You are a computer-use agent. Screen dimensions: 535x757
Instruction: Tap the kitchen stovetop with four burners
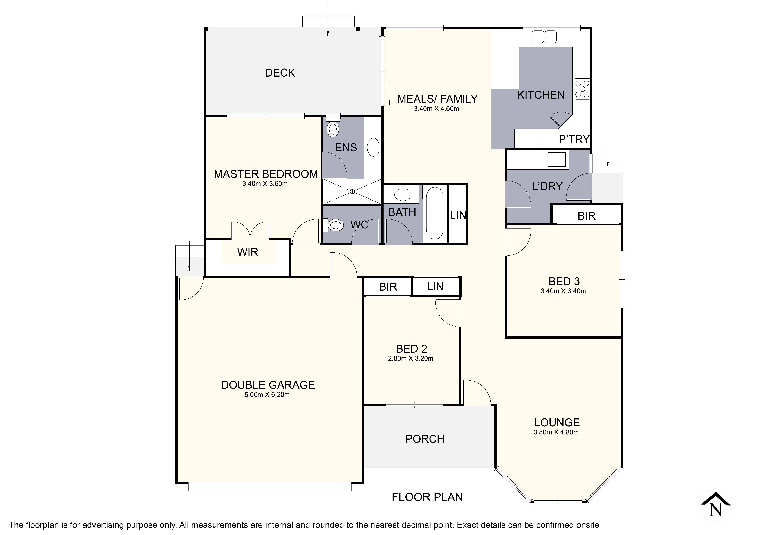(582, 89)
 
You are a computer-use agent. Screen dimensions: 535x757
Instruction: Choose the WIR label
(248, 252)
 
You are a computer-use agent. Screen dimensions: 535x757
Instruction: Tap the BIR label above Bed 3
(587, 216)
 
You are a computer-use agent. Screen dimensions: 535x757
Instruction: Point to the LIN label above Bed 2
(435, 287)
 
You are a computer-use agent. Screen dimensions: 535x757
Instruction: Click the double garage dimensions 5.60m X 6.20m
(267, 395)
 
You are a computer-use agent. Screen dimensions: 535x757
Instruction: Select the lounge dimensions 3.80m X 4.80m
(556, 433)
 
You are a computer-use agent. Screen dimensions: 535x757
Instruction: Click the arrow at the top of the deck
(328, 20)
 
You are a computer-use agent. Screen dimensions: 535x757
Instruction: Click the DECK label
(280, 73)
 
